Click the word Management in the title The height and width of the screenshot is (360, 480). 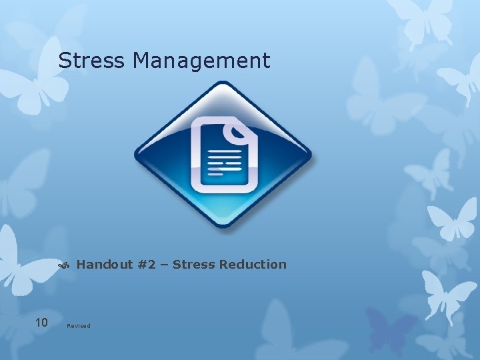(x=201, y=61)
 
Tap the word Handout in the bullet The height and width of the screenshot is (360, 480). (x=105, y=265)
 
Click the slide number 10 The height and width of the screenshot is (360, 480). (x=41, y=323)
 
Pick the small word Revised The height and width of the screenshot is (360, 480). (x=79, y=326)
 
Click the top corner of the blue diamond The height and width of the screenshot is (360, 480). (x=223, y=84)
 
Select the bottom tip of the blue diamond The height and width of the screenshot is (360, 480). (x=223, y=225)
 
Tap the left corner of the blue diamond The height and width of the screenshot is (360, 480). (x=137, y=155)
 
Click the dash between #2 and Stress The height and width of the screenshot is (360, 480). (x=166, y=265)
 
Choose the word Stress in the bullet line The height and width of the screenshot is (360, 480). (x=195, y=265)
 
